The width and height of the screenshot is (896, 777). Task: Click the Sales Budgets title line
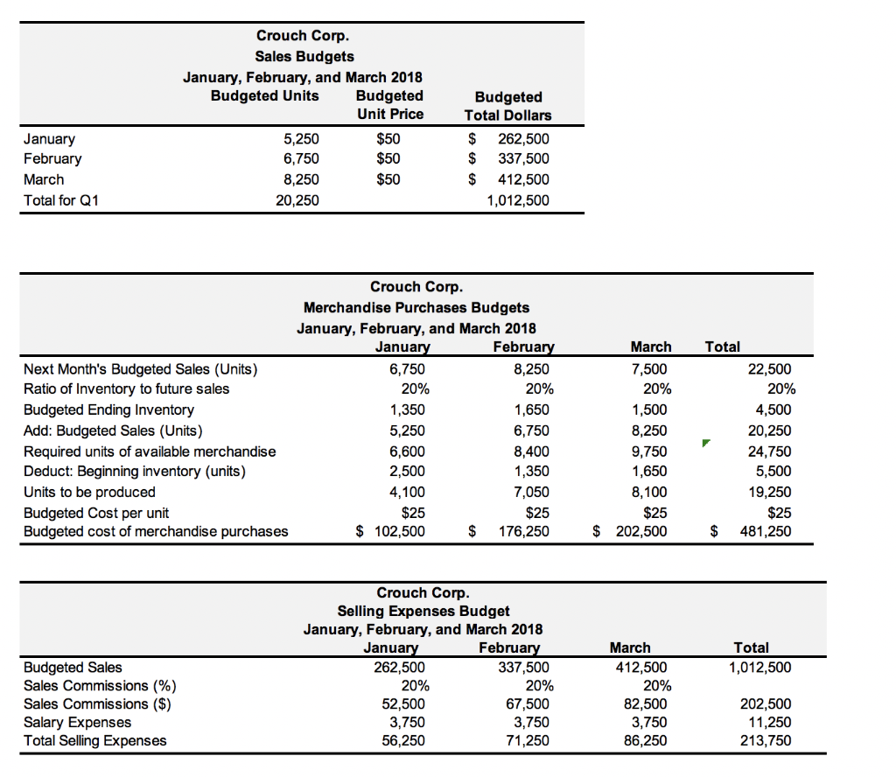(x=304, y=56)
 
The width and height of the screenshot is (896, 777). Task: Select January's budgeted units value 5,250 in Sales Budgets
(x=302, y=138)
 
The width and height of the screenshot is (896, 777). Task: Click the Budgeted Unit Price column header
(x=389, y=105)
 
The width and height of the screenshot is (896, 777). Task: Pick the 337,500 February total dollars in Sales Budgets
(x=523, y=158)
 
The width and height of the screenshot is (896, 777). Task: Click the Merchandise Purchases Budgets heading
(x=416, y=307)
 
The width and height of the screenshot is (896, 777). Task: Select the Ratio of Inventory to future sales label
(x=126, y=388)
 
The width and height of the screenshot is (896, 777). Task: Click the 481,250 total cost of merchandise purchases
(x=767, y=531)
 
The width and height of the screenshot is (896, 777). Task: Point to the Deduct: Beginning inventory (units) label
(x=135, y=472)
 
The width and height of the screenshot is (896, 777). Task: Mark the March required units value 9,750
(x=650, y=451)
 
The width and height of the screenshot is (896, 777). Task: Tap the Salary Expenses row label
(x=77, y=722)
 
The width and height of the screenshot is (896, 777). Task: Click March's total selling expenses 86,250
(x=647, y=740)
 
